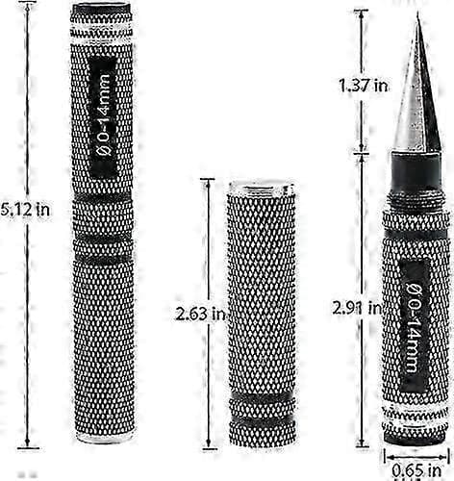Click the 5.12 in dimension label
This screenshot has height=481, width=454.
25,210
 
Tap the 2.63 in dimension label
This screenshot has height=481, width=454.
200,314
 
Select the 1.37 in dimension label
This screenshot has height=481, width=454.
364,86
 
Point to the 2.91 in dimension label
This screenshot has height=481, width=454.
357,308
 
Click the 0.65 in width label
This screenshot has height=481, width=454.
416,470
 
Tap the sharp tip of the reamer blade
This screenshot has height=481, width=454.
417,13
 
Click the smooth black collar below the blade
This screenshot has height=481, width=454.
416,172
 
